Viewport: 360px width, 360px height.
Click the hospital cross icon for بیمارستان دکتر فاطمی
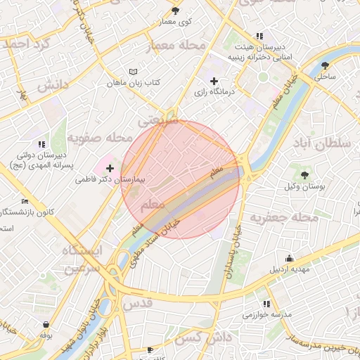pyautogui.click(x=110, y=168)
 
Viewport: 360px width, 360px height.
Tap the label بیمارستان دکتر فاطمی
pyautogui.click(x=109, y=180)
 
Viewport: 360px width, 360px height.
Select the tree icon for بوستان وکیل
pyautogui.click(x=304, y=174)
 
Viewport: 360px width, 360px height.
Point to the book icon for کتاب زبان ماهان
pyautogui.click(x=134, y=72)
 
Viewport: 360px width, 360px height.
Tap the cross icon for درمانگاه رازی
pyautogui.click(x=214, y=81)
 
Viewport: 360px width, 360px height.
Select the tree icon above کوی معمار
pyautogui.click(x=175, y=11)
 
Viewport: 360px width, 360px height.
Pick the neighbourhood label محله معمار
pyautogui.click(x=176, y=46)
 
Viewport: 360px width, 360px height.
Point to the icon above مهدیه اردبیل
pyautogui.click(x=289, y=258)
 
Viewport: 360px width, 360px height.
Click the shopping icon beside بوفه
pyautogui.click(x=46, y=325)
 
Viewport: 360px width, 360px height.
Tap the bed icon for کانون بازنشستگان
pyautogui.click(x=25, y=201)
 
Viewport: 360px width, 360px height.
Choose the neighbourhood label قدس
pyautogui.click(x=137, y=303)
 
